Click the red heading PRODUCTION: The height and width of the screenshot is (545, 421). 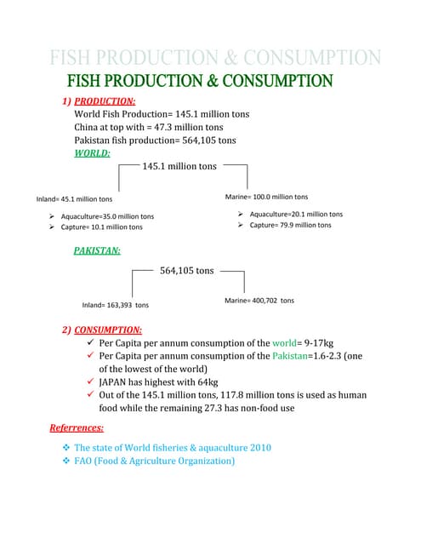point(105,100)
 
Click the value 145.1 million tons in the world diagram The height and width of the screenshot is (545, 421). point(180,166)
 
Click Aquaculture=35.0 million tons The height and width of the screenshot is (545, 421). point(107,216)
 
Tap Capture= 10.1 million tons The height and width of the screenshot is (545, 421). point(101,227)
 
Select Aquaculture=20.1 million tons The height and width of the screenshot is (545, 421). point(296,214)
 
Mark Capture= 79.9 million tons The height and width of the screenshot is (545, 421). point(290,225)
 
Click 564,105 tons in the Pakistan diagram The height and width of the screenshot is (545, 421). point(187,271)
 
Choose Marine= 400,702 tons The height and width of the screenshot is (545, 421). point(259,301)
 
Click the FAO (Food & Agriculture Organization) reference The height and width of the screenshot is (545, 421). point(154,461)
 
